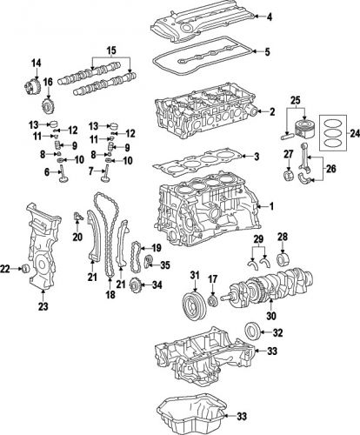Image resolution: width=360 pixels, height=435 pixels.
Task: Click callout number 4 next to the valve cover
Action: pos(269,17)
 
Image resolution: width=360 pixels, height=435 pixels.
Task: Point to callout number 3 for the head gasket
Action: pos(257,157)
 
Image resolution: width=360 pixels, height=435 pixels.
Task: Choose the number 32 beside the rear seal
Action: pos(277,331)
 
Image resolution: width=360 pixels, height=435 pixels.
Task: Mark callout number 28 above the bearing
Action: pos(283,237)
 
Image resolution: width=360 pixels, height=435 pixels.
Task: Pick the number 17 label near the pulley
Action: pos(211,278)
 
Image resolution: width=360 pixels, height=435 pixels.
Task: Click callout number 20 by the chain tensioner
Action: pos(77,236)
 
